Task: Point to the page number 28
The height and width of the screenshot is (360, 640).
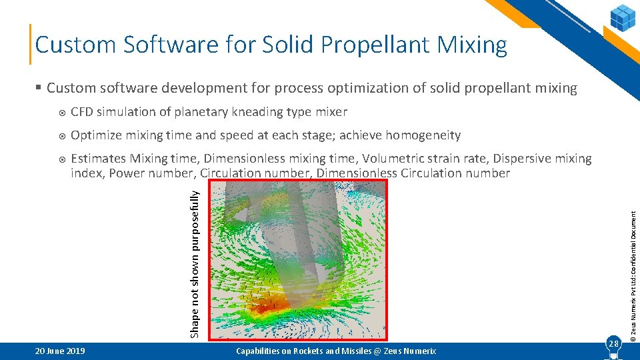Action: coord(613,343)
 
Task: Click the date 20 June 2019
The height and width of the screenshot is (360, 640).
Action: coord(59,351)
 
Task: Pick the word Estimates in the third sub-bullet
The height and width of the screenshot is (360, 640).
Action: coord(99,159)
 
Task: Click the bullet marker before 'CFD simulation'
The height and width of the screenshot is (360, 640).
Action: coord(61,113)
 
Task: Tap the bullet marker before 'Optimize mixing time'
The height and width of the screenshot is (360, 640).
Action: coord(61,136)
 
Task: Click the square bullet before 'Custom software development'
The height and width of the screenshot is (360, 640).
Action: coord(39,88)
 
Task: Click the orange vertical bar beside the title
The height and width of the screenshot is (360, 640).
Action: coord(31,44)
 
